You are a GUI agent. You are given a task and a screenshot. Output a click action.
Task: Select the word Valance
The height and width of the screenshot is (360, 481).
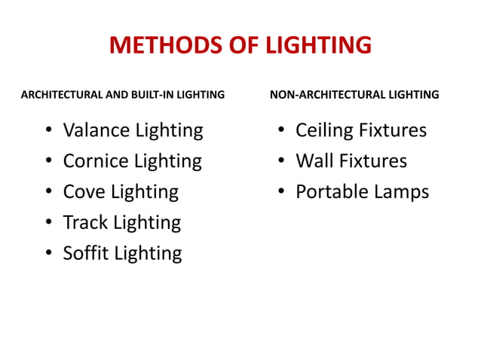96,130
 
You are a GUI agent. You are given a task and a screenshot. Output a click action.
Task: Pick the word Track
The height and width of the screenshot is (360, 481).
85,222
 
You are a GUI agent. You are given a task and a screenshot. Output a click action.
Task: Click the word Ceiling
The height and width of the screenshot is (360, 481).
324,130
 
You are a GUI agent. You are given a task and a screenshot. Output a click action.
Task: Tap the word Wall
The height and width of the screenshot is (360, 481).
314,161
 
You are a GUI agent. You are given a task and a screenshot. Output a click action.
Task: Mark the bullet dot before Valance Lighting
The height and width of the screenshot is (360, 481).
48,131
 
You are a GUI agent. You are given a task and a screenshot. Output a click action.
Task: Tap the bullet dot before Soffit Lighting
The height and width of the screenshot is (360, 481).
48,253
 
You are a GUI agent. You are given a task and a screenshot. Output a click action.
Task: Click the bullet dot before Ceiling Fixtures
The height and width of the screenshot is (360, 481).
280,131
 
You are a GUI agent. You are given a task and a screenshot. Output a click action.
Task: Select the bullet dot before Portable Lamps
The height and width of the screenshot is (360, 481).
280,192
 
